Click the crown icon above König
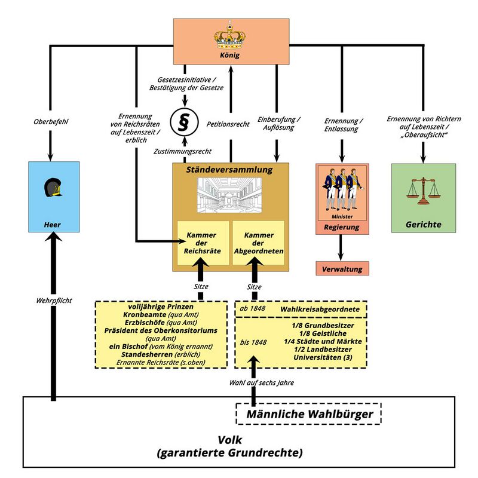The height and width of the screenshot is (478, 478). (x=230, y=37)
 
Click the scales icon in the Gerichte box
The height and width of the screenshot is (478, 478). (x=424, y=189)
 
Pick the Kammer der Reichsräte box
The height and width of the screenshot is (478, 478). (x=203, y=243)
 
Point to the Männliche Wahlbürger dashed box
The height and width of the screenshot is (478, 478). (x=308, y=413)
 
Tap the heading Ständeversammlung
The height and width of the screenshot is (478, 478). (x=230, y=170)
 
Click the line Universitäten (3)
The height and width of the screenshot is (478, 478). (x=323, y=357)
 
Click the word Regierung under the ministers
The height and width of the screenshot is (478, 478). (x=342, y=228)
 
